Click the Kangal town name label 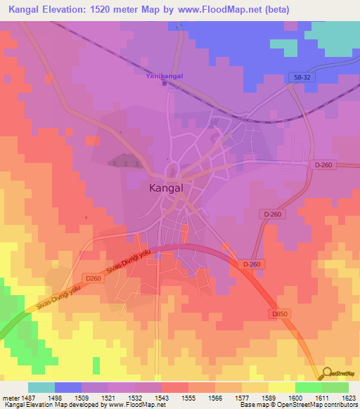pyautogui.click(x=169, y=188)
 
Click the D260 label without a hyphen pyautogui.click(x=94, y=278)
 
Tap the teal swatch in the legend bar pyautogui.click(x=41, y=387)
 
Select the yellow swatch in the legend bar pyautogui.click(x=281, y=387)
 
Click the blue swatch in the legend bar pyautogui.click(x=68, y=387)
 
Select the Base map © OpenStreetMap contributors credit pyautogui.click(x=297, y=405)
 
